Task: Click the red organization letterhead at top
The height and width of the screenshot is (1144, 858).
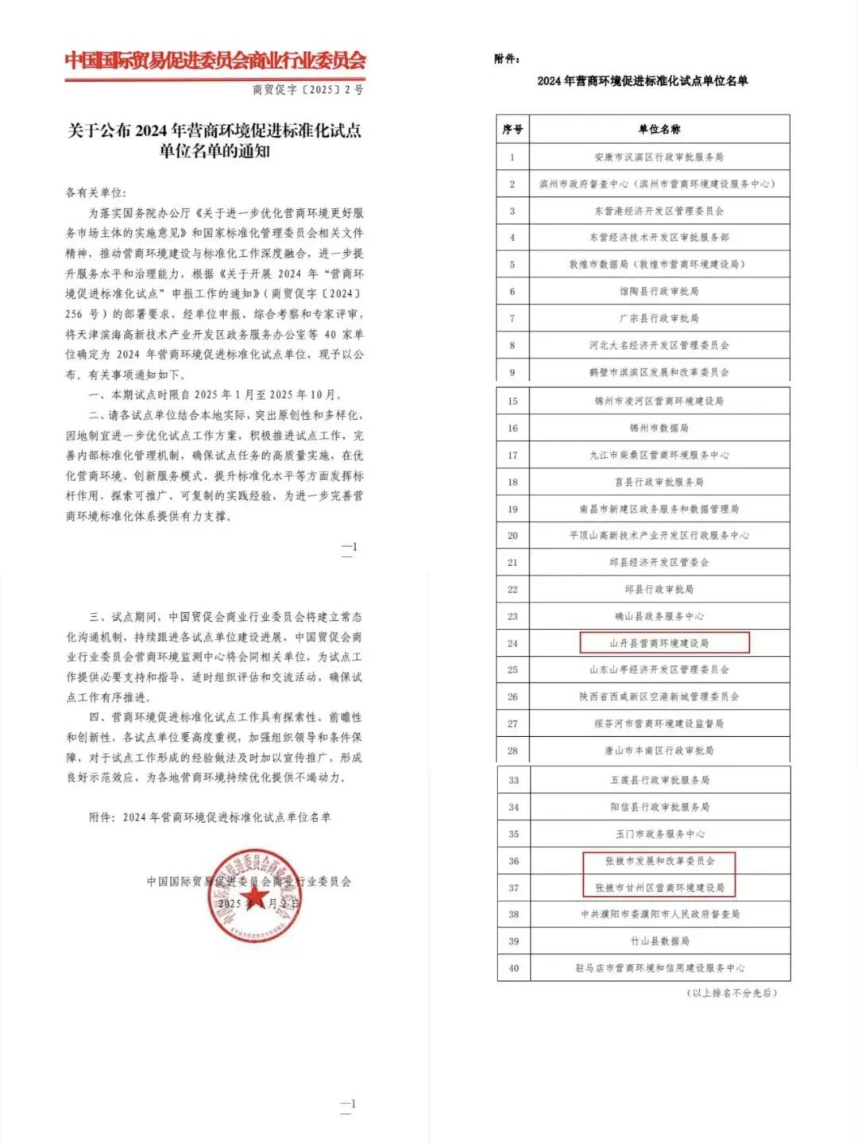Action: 215,60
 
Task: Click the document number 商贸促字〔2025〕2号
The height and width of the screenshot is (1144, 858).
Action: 307,90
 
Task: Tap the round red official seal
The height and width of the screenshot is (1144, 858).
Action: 254,896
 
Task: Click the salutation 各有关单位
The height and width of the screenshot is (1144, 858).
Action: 95,192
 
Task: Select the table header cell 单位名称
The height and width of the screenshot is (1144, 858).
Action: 659,129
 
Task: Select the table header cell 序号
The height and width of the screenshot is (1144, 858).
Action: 512,129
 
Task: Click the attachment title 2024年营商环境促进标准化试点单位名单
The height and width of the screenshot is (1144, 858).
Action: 642,80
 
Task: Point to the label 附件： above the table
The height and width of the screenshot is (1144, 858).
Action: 507,59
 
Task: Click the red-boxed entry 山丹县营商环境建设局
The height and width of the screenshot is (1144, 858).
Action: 659,643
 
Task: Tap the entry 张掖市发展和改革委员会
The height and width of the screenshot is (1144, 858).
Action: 659,861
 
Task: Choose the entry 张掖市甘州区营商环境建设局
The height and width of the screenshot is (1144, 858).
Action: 659,887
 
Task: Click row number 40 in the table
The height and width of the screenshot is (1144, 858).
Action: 513,968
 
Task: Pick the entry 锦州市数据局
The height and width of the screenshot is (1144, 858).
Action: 659,428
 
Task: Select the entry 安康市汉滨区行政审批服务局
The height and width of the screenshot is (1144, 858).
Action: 659,157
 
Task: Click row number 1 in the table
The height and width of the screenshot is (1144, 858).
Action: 512,157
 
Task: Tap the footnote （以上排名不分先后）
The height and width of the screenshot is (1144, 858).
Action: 732,993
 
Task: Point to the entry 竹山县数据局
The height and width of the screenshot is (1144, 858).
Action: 659,941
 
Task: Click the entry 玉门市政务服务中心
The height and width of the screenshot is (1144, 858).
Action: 659,834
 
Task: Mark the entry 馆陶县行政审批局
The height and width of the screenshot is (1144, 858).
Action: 659,291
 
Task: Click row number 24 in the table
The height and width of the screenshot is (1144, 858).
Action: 512,643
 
